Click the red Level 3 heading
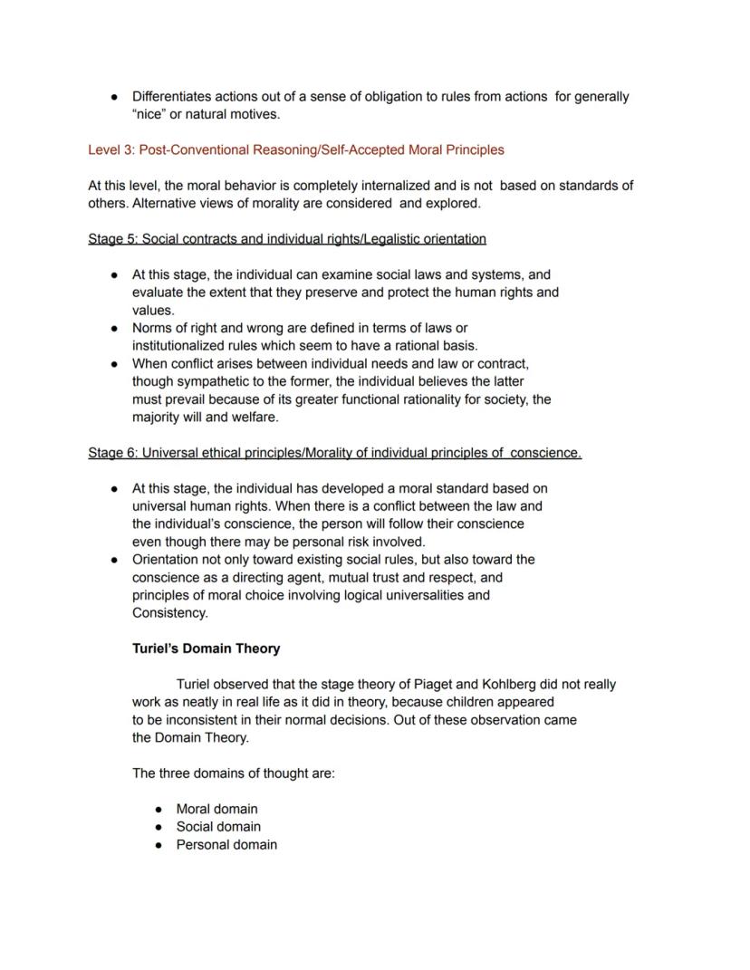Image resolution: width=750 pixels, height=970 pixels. tap(295, 149)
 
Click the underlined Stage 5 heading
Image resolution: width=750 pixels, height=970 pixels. tap(287, 239)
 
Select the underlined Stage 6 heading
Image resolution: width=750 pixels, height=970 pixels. tap(334, 453)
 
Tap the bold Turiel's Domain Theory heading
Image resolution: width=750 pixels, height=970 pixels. tap(206, 648)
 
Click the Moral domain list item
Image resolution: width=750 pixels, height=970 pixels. tap(216, 809)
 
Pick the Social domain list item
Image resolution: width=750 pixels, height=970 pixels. tap(218, 827)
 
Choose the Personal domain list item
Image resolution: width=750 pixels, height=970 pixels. tap(226, 845)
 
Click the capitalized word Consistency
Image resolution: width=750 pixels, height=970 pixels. tap(169, 613)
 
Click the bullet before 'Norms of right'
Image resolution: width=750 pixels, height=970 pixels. tap(115, 328)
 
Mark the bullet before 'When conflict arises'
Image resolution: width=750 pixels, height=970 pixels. tap(115, 364)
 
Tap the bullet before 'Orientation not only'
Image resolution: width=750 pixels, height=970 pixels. tap(115, 560)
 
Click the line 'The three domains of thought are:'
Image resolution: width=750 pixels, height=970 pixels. tap(233, 773)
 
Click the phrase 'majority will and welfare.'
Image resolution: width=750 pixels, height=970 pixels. tap(205, 418)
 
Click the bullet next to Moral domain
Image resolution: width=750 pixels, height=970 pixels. tap(159, 809)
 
